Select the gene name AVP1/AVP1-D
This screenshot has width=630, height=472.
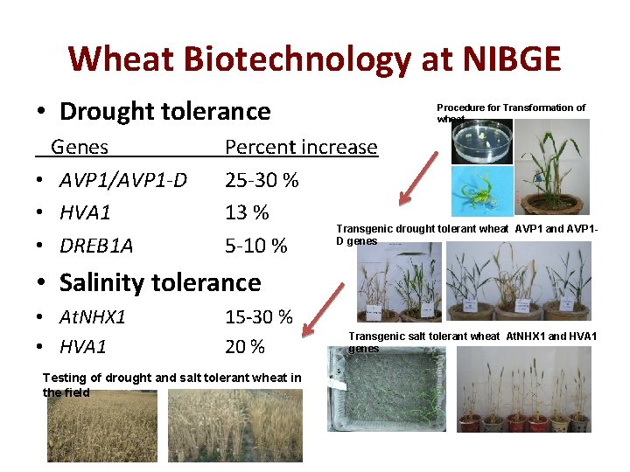(123, 180)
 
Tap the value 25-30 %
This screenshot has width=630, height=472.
(262, 180)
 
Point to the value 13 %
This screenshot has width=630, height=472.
(248, 212)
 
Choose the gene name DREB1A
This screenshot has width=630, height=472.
(96, 246)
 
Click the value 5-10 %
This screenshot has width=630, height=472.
(255, 246)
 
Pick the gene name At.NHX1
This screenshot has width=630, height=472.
(92, 316)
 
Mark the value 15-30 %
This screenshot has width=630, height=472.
(258, 316)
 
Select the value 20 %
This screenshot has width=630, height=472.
(245, 347)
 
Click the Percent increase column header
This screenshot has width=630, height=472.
(301, 147)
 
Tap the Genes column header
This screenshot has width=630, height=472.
(80, 147)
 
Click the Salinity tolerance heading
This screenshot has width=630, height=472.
(160, 282)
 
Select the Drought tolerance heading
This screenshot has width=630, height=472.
(164, 111)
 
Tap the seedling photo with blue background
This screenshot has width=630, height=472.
(481, 191)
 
